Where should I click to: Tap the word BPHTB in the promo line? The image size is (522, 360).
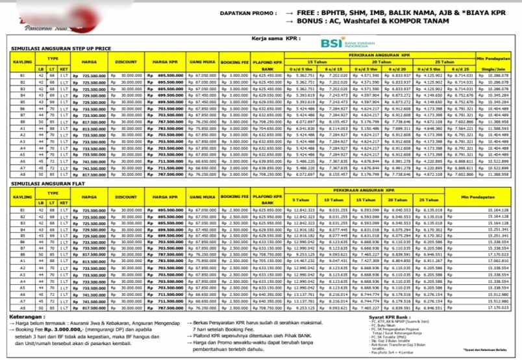tap(343, 12)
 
